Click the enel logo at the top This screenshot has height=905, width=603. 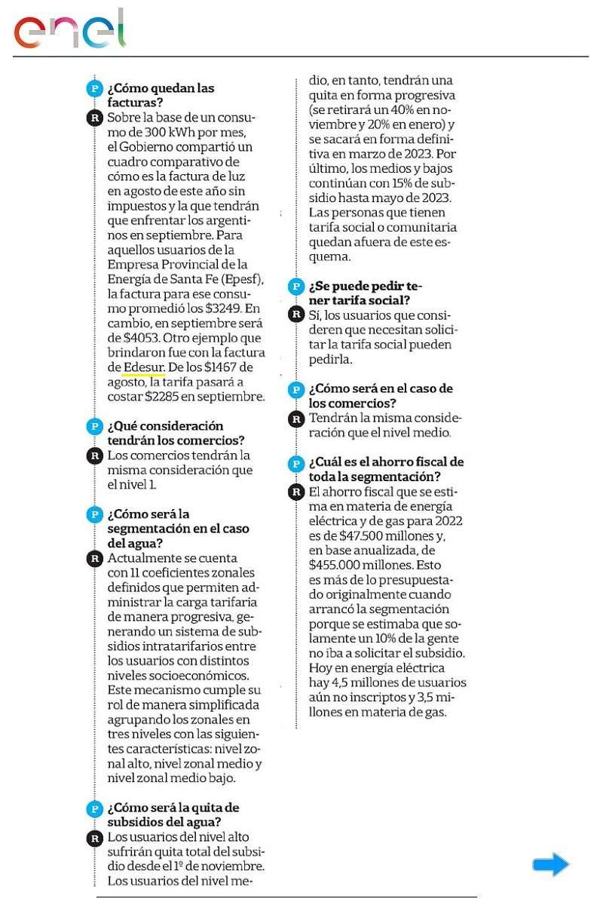coord(69,30)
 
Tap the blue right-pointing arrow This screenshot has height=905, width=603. coord(550,864)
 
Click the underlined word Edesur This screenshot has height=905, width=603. coord(143,367)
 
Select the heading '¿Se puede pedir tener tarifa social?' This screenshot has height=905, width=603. coord(366,293)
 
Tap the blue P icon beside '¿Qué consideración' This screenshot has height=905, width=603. coord(95,426)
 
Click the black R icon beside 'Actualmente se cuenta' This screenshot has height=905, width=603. coord(95,559)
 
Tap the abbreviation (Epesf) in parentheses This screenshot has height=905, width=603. coord(240,278)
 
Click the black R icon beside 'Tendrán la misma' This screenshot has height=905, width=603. coord(297,419)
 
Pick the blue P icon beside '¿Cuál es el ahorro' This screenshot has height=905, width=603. coord(297,462)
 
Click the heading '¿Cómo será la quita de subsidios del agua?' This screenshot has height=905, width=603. coord(173,814)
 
